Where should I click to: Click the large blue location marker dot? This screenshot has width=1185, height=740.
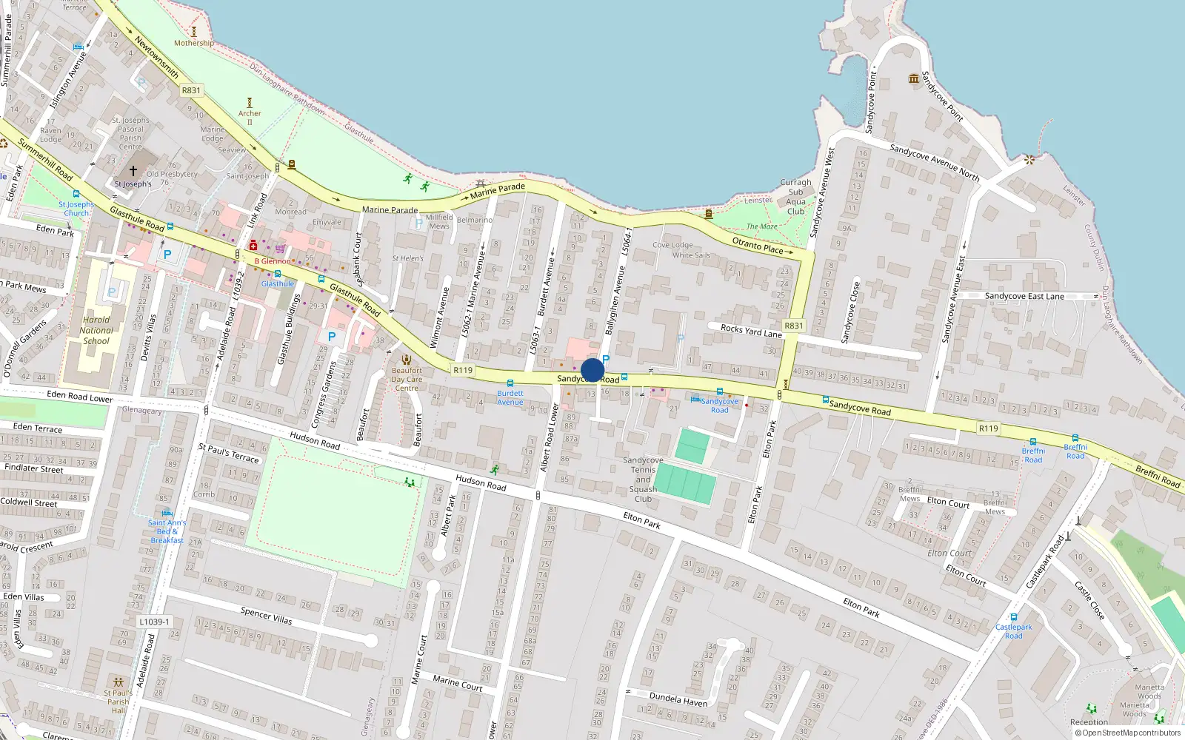tap(592, 370)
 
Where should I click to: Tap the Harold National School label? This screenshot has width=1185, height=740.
tap(96, 331)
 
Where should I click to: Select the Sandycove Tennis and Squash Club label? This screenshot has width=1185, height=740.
tap(643, 480)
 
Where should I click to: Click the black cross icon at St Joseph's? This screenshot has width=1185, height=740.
tap(133, 171)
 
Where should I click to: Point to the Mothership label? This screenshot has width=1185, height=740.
tap(193, 43)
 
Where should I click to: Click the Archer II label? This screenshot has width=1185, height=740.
tap(250, 117)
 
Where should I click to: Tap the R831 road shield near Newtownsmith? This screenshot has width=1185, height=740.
tap(191, 90)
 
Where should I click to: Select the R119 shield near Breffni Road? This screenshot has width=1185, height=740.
tap(988, 428)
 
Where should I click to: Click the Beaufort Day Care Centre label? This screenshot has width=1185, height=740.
tap(407, 379)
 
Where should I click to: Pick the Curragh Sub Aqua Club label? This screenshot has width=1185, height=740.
tap(795, 197)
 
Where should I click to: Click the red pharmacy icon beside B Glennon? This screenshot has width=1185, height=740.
tap(253, 245)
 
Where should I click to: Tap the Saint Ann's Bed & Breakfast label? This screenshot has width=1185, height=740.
tap(167, 531)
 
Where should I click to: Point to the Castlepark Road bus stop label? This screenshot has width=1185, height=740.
tap(1013, 631)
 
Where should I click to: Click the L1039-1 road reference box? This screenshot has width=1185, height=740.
tap(154, 622)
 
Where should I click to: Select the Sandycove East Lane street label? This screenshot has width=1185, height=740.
tap(1024, 296)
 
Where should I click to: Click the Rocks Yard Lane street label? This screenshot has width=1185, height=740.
tap(751, 331)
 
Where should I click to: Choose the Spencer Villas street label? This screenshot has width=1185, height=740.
tap(266, 616)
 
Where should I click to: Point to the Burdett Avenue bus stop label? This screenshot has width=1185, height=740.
tap(510, 398)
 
